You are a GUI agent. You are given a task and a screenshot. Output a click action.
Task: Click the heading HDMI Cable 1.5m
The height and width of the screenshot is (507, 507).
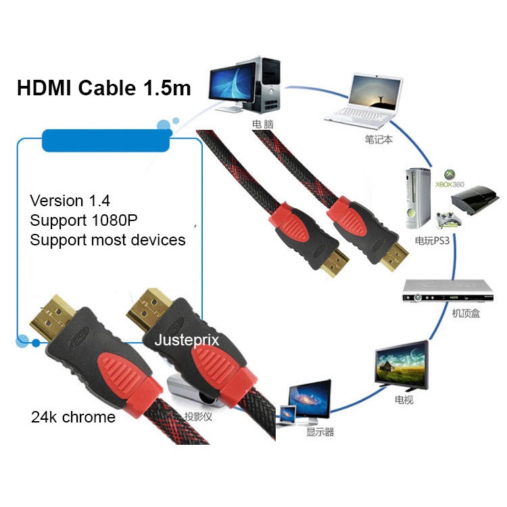click(x=103, y=89)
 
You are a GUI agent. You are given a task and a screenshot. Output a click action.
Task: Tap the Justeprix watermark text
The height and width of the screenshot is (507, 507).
click(x=187, y=340)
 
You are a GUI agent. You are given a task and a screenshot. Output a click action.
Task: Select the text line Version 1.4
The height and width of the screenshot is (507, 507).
click(x=70, y=201)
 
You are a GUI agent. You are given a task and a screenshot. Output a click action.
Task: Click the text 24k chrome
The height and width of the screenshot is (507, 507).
click(x=73, y=417)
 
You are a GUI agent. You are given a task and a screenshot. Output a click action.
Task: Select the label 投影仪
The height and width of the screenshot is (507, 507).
click(x=199, y=416)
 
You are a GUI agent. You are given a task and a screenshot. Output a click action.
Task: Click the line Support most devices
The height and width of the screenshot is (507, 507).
click(x=108, y=240)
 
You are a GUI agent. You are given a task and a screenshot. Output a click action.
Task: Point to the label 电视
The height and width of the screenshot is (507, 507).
click(x=404, y=401)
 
